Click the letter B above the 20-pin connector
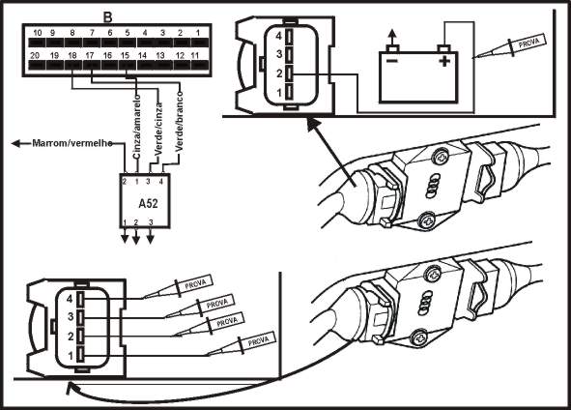[107, 16]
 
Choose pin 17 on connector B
[89, 58]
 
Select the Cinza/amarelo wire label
[138, 122]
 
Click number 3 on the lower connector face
[69, 316]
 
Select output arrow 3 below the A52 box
[151, 238]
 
